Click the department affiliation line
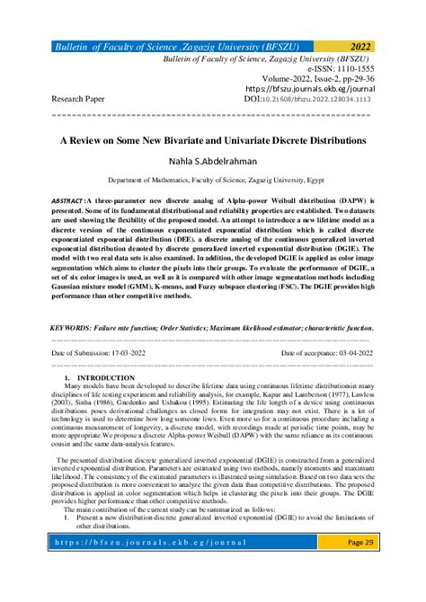(x=212, y=181)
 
